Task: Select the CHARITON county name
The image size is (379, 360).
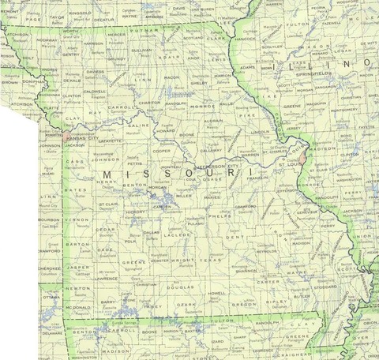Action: pos(149,103)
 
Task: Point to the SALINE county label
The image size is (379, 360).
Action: pos(138,125)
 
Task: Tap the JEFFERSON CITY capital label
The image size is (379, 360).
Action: pos(212,167)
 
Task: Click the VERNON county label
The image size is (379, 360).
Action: pos(76,219)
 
